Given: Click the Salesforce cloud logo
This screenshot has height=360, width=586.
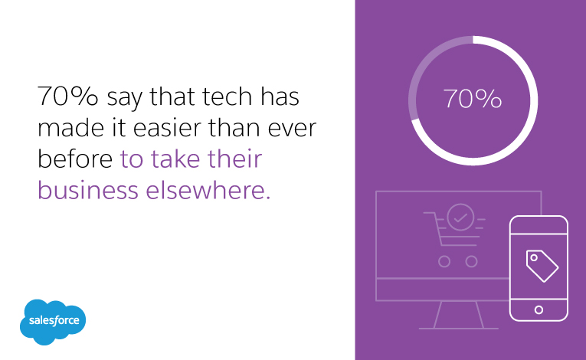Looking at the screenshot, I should (x=54, y=320).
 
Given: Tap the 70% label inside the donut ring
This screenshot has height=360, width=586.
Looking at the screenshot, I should (x=473, y=100).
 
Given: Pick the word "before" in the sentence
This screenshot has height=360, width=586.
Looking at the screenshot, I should (x=75, y=159).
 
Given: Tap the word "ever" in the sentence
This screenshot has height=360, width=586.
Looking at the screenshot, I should (x=293, y=129).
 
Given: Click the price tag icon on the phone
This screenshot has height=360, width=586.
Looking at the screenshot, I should (x=542, y=264).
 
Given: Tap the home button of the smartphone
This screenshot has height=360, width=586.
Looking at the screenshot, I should (x=539, y=309).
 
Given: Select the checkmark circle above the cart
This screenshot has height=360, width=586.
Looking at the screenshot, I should (x=460, y=218).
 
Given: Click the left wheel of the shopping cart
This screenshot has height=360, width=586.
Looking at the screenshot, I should (x=444, y=261).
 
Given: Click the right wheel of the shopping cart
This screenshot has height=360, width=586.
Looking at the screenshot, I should (x=471, y=261).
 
